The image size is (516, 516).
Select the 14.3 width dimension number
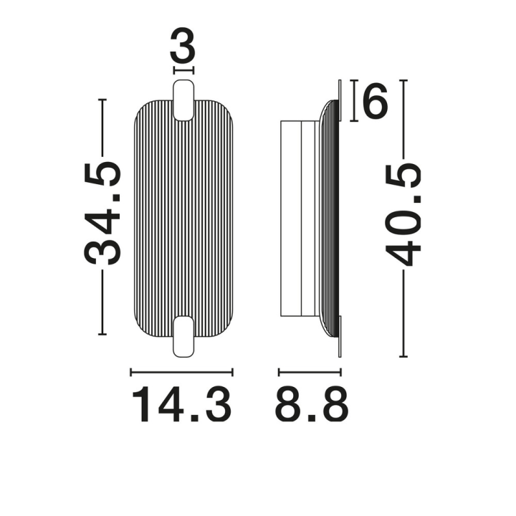click(x=181, y=405)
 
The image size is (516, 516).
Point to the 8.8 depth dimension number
click(x=311, y=405)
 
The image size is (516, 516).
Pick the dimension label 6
click(x=375, y=100)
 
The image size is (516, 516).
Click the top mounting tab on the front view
click(x=183, y=100)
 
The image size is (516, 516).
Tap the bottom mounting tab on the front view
click(x=183, y=336)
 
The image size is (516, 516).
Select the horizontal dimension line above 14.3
click(x=181, y=372)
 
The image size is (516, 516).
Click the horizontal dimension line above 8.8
click(x=310, y=372)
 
